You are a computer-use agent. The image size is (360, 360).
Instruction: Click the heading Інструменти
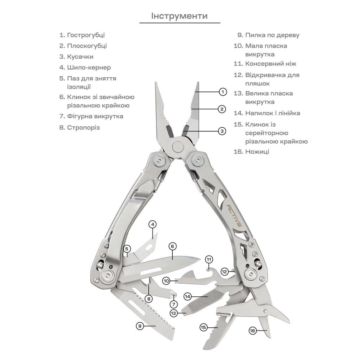[x=179, y=16]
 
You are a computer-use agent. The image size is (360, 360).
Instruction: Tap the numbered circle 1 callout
[x=223, y=92]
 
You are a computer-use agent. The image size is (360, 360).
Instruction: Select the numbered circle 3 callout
[x=222, y=131]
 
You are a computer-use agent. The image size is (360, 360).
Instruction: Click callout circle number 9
[x=140, y=326]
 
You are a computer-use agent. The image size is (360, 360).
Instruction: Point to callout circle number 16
[x=252, y=330]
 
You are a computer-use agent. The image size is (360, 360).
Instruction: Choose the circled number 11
[x=209, y=260]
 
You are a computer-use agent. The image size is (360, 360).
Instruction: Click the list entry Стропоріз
[x=83, y=128]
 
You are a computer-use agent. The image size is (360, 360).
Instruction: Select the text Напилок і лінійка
[x=272, y=113]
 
